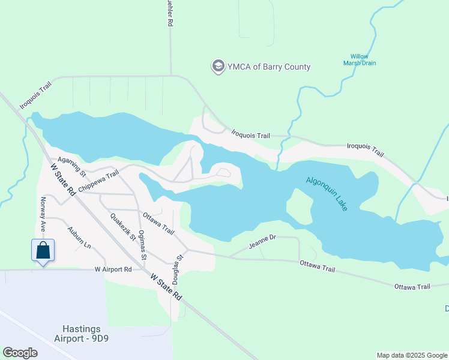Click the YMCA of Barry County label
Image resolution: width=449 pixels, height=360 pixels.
[268, 67]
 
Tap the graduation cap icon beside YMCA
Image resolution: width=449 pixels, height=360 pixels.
[218, 66]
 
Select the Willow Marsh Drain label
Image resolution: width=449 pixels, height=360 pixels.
[360, 59]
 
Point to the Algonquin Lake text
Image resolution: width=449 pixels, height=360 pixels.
[327, 193]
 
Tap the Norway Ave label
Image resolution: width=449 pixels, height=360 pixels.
[43, 215]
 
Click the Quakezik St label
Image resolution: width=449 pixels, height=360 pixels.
[123, 227]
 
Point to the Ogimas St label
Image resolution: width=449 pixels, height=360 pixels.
[142, 244]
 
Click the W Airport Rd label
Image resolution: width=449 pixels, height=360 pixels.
[113, 270]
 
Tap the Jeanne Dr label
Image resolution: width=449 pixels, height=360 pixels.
[262, 242]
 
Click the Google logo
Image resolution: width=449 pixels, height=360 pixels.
[20, 353]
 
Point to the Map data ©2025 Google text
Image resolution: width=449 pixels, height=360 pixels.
[411, 355]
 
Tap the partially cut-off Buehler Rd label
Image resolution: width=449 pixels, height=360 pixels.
[170, 13]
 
